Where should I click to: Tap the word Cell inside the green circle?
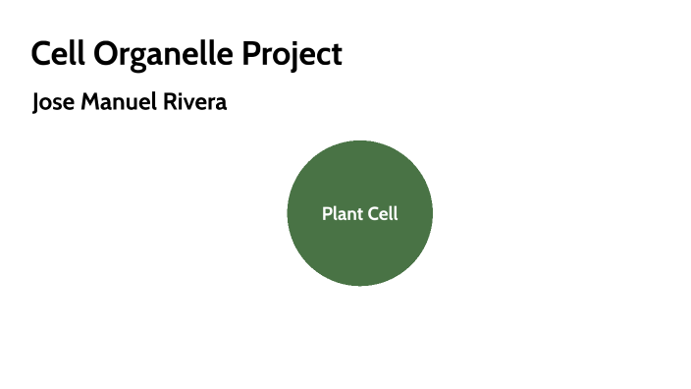click(383, 213)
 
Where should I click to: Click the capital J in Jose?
click(36, 103)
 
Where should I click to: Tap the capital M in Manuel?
click(88, 102)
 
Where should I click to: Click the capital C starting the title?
click(40, 54)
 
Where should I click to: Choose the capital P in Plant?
click(327, 213)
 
